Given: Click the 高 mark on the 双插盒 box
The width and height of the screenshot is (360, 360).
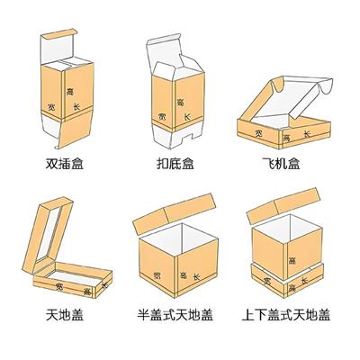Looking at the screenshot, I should [70, 93].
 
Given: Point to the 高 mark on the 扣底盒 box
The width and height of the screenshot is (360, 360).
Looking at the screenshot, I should [181, 102].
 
